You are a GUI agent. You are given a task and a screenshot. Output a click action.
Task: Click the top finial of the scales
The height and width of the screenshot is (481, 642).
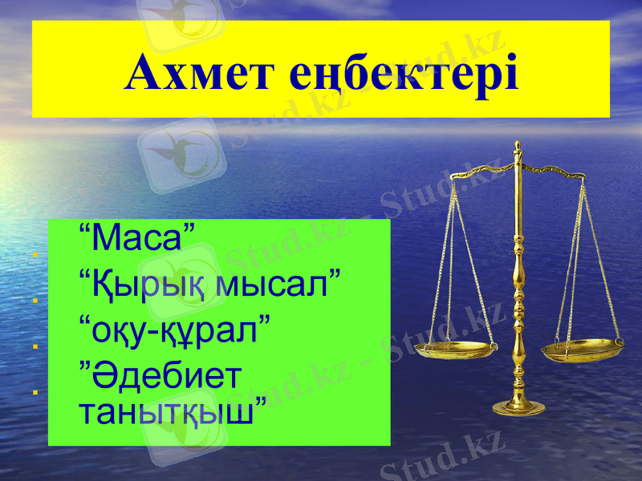click(518, 147)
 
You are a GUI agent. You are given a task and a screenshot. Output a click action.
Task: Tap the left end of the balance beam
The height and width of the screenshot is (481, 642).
click(455, 174)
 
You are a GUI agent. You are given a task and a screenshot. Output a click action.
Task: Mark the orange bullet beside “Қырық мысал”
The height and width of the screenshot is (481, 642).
click(35, 301)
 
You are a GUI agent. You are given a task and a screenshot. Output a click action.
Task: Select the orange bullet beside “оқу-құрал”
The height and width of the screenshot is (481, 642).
click(35, 347)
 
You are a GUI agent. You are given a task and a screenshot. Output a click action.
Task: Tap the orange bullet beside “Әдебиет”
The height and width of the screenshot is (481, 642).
click(35, 393)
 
